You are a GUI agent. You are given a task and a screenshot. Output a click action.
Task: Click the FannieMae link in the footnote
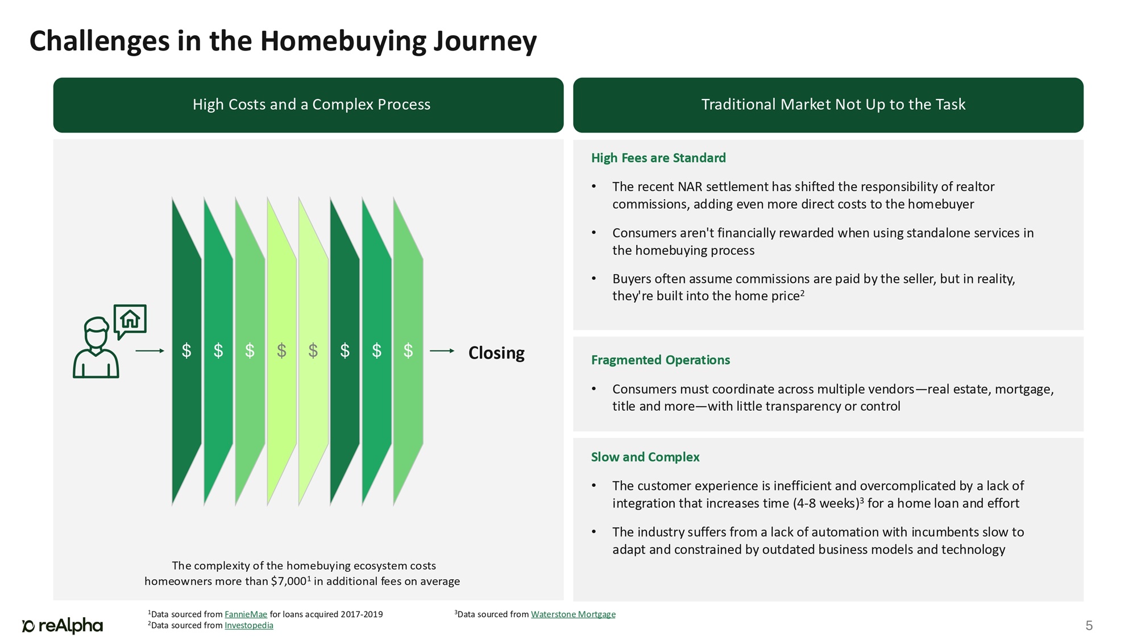246,614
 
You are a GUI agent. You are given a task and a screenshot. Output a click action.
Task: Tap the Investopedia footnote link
249,626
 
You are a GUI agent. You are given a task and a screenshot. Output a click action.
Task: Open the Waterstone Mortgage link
573,614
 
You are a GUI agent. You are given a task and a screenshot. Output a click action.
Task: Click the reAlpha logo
63,626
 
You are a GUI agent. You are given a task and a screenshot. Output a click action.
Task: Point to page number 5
1089,626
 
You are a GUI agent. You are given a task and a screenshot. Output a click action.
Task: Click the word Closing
496,353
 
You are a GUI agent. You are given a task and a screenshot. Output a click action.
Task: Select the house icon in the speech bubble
130,319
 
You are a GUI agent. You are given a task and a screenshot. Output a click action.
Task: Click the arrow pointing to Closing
442,351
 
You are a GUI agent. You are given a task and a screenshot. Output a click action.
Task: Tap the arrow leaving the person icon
150,351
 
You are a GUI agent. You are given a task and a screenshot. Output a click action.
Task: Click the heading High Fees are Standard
658,158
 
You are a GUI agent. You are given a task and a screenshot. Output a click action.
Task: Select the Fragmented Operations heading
661,360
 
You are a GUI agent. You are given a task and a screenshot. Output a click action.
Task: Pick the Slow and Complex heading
645,457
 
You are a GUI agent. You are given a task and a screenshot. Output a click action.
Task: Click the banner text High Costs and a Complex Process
312,105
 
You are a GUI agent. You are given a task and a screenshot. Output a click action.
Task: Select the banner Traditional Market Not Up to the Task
833,105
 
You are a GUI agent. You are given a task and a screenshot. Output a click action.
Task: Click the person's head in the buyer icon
96,331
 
